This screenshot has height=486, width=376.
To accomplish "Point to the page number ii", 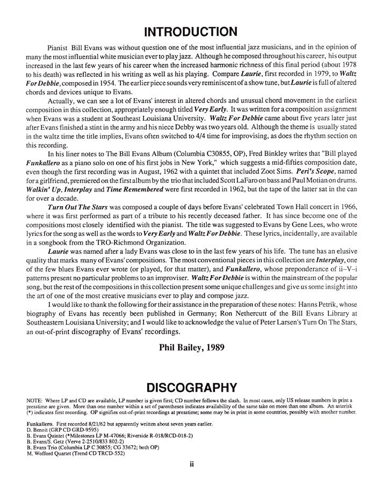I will click(189, 464).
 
